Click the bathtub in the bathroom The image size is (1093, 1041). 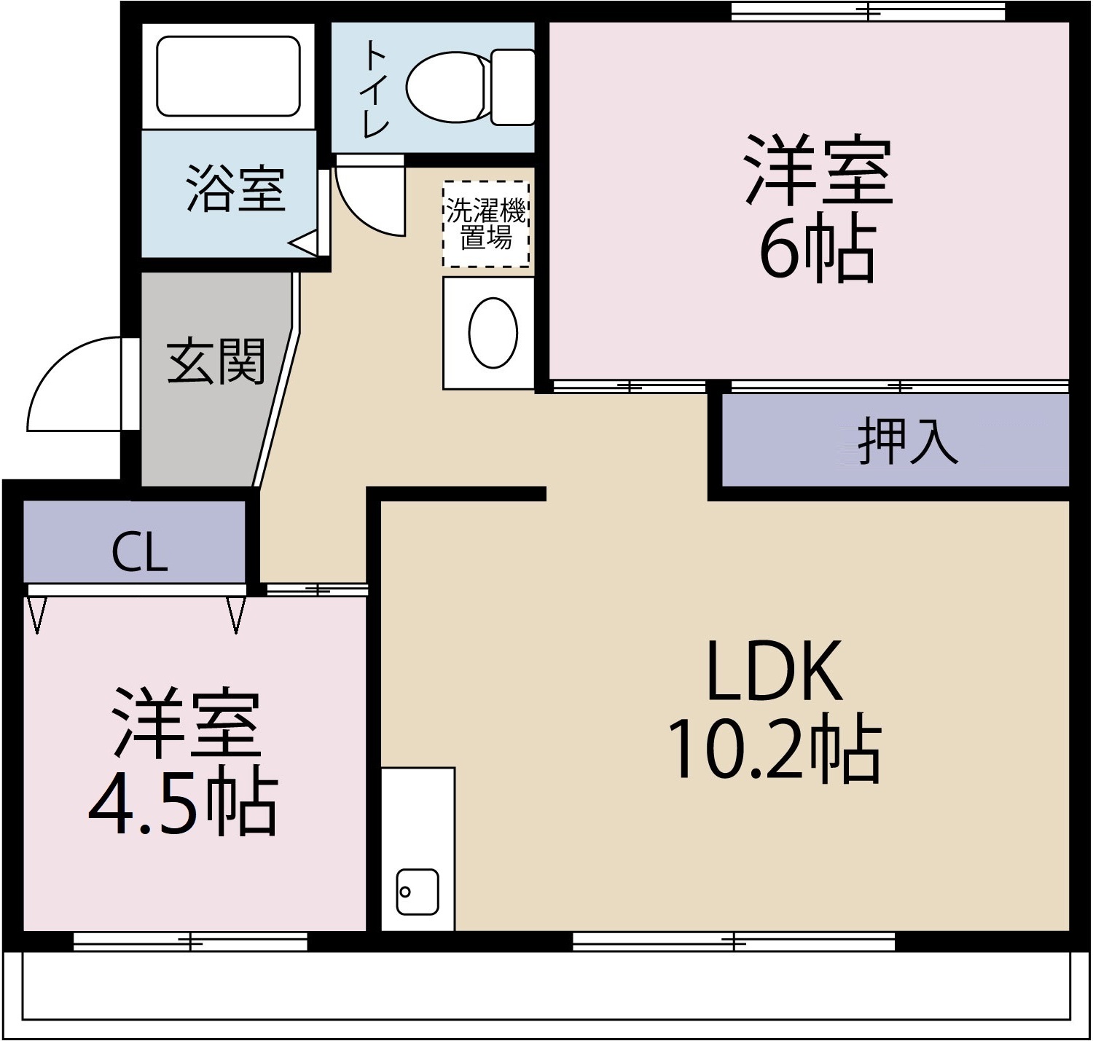click(x=228, y=76)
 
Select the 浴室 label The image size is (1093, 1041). click(x=235, y=189)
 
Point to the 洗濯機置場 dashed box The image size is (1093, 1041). click(x=486, y=224)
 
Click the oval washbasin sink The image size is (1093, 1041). click(x=493, y=332)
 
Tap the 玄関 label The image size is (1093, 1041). click(x=216, y=361)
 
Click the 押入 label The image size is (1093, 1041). click(x=907, y=441)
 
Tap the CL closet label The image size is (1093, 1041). click(x=139, y=554)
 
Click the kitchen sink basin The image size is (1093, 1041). click(x=418, y=892)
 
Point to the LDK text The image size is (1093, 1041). click(x=774, y=670)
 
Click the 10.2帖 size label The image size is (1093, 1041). click(x=774, y=751)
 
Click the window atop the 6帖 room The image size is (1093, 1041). click(x=867, y=12)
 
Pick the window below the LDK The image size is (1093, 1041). click(x=733, y=942)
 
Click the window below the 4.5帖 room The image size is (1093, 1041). click(x=190, y=942)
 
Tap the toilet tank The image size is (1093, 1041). click(x=513, y=87)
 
